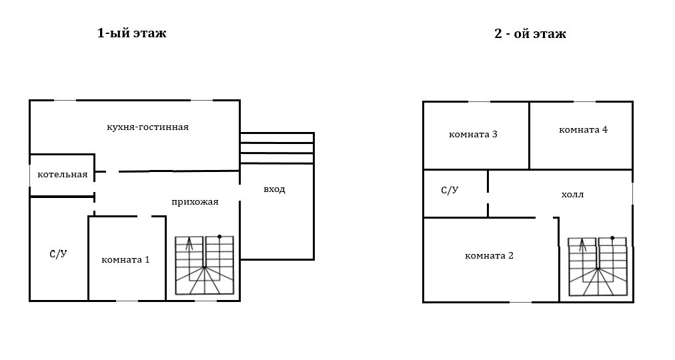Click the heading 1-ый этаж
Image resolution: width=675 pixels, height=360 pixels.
(131, 33)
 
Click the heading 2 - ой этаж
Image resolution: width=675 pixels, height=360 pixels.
(530, 33)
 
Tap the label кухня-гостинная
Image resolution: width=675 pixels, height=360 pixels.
(147, 127)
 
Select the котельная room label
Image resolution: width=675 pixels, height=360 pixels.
(62, 175)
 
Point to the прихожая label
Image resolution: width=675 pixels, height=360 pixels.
(195, 201)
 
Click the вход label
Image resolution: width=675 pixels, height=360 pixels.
(274, 189)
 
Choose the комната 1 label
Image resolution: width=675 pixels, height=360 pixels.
(125, 259)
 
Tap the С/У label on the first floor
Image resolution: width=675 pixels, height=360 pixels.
(59, 253)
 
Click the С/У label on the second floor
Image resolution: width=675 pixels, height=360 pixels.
(450, 190)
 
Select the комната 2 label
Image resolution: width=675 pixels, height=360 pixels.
(489, 255)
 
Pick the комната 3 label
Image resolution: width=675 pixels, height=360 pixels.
(473, 134)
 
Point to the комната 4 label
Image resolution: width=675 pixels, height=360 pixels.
(583, 129)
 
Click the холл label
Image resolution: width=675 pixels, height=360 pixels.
(572, 195)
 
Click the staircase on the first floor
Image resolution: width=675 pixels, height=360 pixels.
(204, 265)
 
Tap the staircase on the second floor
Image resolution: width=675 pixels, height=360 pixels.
(597, 267)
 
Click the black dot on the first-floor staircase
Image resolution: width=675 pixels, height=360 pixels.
(219, 237)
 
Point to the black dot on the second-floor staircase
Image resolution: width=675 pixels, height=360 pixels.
(612, 238)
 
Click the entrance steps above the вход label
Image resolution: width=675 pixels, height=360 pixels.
(276, 148)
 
